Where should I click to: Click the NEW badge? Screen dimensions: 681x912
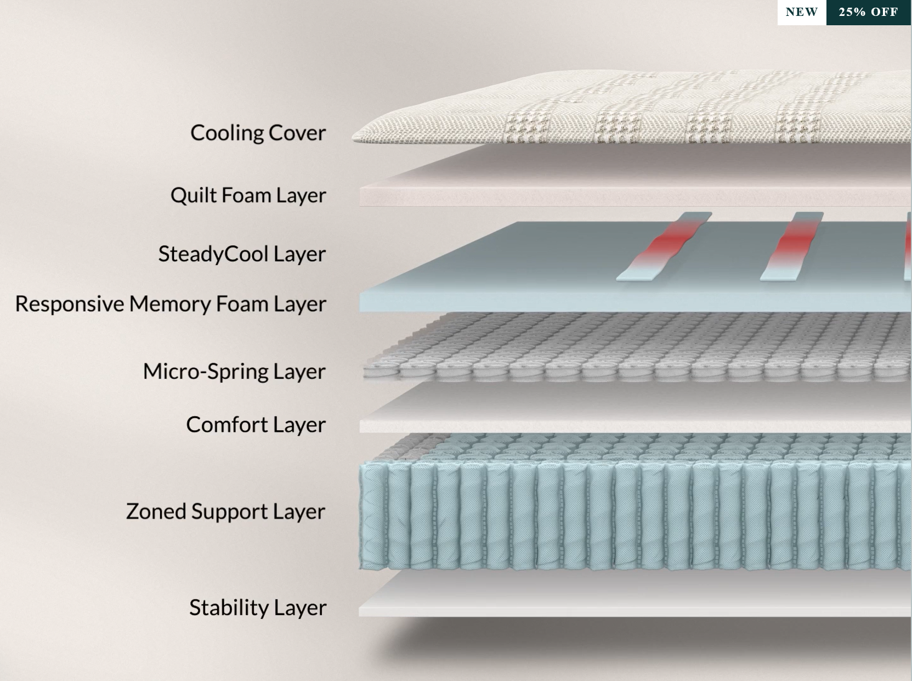tap(801, 12)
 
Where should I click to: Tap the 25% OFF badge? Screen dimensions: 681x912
tap(868, 12)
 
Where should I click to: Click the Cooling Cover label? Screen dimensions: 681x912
tap(258, 133)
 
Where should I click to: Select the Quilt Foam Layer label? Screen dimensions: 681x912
tap(248, 195)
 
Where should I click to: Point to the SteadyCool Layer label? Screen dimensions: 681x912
tap(242, 254)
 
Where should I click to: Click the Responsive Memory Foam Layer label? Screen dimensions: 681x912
tap(171, 304)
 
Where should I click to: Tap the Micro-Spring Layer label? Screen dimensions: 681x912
tap(234, 372)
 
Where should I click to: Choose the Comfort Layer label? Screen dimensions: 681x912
tap(256, 425)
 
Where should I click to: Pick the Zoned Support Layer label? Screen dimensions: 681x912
tap(225, 511)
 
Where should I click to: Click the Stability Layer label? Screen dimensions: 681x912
tap(258, 607)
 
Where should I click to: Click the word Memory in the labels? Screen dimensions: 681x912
tap(169, 304)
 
